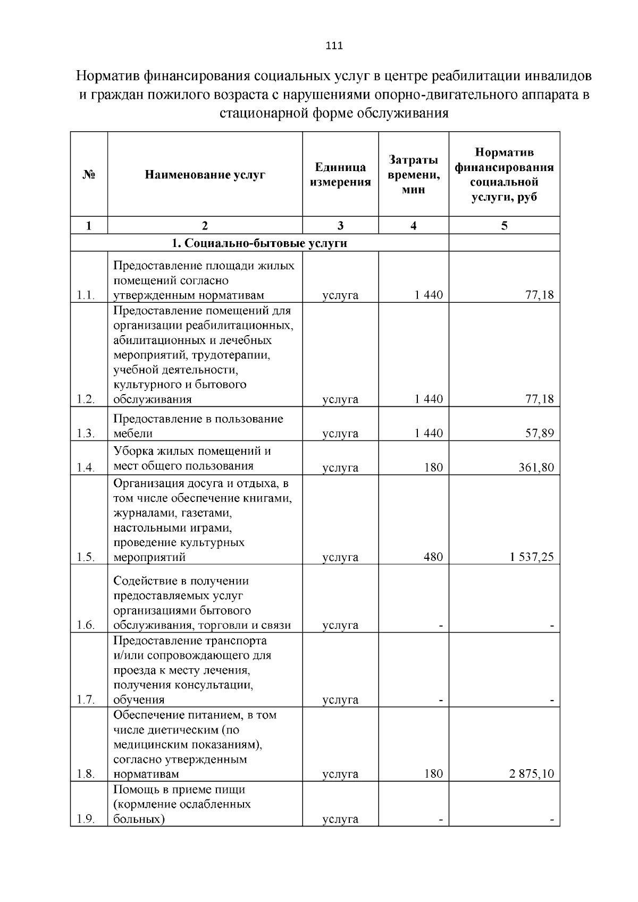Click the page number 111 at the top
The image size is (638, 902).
pyautogui.click(x=333, y=46)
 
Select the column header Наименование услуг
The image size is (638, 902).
pyautogui.click(x=205, y=175)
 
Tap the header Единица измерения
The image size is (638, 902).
pyautogui.click(x=340, y=175)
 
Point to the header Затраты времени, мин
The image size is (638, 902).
pyautogui.click(x=413, y=175)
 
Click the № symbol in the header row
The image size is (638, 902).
pyautogui.click(x=89, y=175)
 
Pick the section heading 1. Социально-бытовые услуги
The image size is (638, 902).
pyautogui.click(x=259, y=243)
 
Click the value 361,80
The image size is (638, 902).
pyautogui.click(x=536, y=468)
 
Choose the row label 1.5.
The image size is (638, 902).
pyautogui.click(x=86, y=557)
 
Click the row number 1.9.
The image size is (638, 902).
pyautogui.click(x=86, y=819)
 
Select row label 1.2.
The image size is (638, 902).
pyautogui.click(x=86, y=399)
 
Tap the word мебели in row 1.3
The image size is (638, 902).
pyautogui.click(x=133, y=433)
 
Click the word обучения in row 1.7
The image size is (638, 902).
pyautogui.click(x=139, y=700)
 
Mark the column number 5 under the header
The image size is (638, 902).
pyautogui.click(x=504, y=225)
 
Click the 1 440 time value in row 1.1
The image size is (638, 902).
pyautogui.click(x=429, y=295)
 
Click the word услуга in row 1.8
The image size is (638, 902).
pyautogui.click(x=340, y=774)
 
